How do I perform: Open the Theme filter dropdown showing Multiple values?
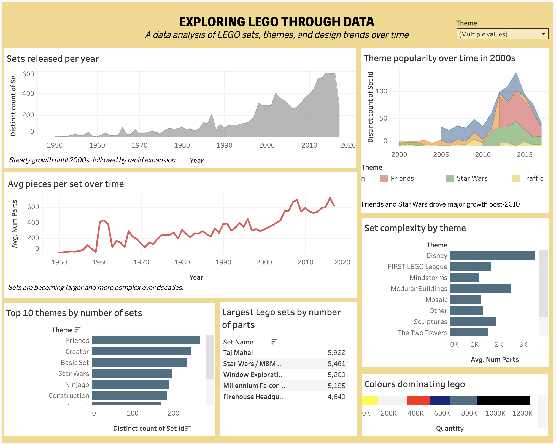(502, 34)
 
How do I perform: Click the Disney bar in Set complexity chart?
(492, 255)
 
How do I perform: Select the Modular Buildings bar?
(481, 288)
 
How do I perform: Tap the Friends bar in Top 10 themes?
(146, 340)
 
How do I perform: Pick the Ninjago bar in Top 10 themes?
(130, 384)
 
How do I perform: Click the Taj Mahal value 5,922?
(336, 353)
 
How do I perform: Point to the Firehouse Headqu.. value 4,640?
(336, 397)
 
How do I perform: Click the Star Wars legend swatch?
(450, 178)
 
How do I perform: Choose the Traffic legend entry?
(533, 178)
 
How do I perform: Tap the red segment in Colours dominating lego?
(418, 400)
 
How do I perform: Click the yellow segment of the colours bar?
(370, 400)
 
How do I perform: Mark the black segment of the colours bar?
(503, 400)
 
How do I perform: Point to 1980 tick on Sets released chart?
(182, 145)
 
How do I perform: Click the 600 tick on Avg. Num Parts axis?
(33, 207)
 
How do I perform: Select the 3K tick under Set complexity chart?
(523, 344)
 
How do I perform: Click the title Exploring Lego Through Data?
(276, 22)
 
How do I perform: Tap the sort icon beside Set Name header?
(274, 342)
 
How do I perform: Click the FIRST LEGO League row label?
(417, 267)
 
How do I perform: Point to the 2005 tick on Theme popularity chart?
(441, 154)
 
